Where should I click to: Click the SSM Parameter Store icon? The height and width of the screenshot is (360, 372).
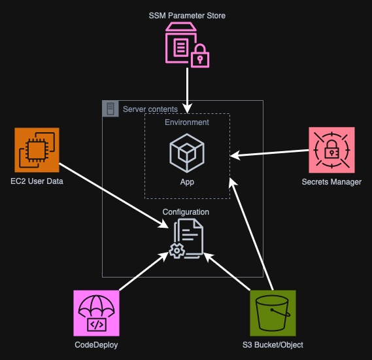point(187,45)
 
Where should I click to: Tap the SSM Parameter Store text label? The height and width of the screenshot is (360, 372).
point(187,15)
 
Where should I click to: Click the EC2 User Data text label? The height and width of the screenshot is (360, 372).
point(37,181)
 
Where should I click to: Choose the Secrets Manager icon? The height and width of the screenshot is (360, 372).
point(331,151)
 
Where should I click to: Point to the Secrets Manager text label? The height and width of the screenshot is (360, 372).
point(331,182)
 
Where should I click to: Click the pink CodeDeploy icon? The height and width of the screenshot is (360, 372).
point(97,313)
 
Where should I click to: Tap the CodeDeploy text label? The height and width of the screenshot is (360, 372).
point(97,345)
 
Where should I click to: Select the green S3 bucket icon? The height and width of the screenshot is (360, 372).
point(273,313)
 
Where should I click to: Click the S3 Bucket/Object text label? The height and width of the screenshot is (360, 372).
point(273,345)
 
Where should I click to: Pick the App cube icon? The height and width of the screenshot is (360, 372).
point(187,152)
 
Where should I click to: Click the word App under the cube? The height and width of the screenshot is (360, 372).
point(187,182)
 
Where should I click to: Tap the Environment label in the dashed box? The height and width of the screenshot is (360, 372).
point(187,122)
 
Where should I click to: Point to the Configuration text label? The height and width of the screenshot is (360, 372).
point(186,212)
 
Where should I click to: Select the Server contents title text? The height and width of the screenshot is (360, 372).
point(150,109)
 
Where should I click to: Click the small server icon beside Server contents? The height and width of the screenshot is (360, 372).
point(110,109)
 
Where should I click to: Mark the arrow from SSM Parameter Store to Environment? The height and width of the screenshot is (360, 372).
point(188,88)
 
